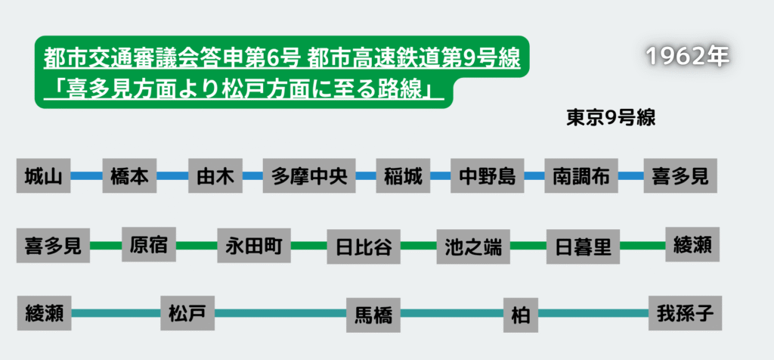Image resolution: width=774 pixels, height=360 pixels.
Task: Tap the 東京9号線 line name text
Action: click(610, 118)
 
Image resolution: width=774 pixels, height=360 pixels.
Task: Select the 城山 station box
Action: click(42, 176)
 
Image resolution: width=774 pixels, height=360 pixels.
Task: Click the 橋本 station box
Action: click(128, 176)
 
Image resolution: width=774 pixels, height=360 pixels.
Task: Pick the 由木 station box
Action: click(215, 176)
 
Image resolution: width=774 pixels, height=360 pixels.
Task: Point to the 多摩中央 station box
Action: click(309, 176)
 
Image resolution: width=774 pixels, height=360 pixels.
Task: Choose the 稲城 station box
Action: click(403, 176)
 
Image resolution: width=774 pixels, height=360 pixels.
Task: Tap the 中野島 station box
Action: click(488, 176)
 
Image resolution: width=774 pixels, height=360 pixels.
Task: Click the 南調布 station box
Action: click(580, 176)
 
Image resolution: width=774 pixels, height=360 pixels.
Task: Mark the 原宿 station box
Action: click(149, 244)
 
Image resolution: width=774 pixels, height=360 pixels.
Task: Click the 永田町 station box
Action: click(253, 245)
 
